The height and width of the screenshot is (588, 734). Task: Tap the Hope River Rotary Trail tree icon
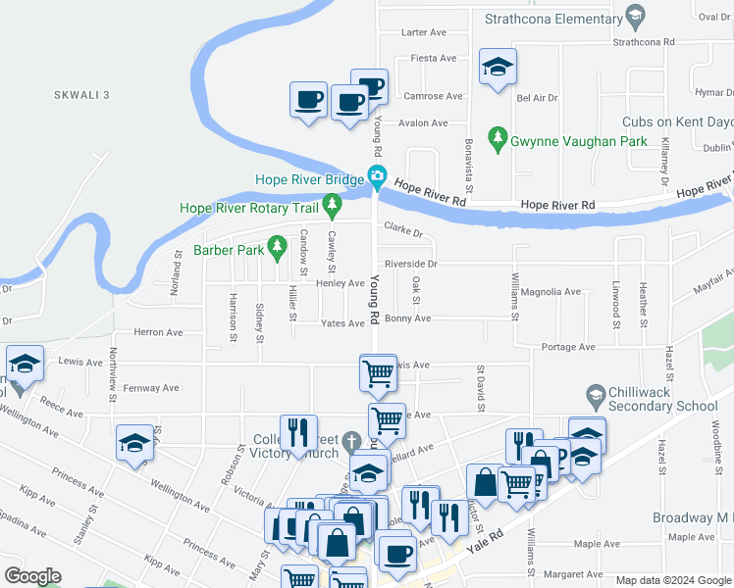(332, 207)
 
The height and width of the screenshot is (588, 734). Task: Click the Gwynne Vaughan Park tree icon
(498, 140)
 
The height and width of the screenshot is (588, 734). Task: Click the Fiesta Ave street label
(433, 58)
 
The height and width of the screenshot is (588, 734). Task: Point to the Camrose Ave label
(433, 96)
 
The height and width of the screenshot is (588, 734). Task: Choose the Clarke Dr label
(402, 232)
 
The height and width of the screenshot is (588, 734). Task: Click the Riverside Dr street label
(410, 264)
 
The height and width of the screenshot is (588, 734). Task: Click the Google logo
(32, 576)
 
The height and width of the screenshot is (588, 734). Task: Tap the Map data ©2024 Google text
(672, 580)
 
